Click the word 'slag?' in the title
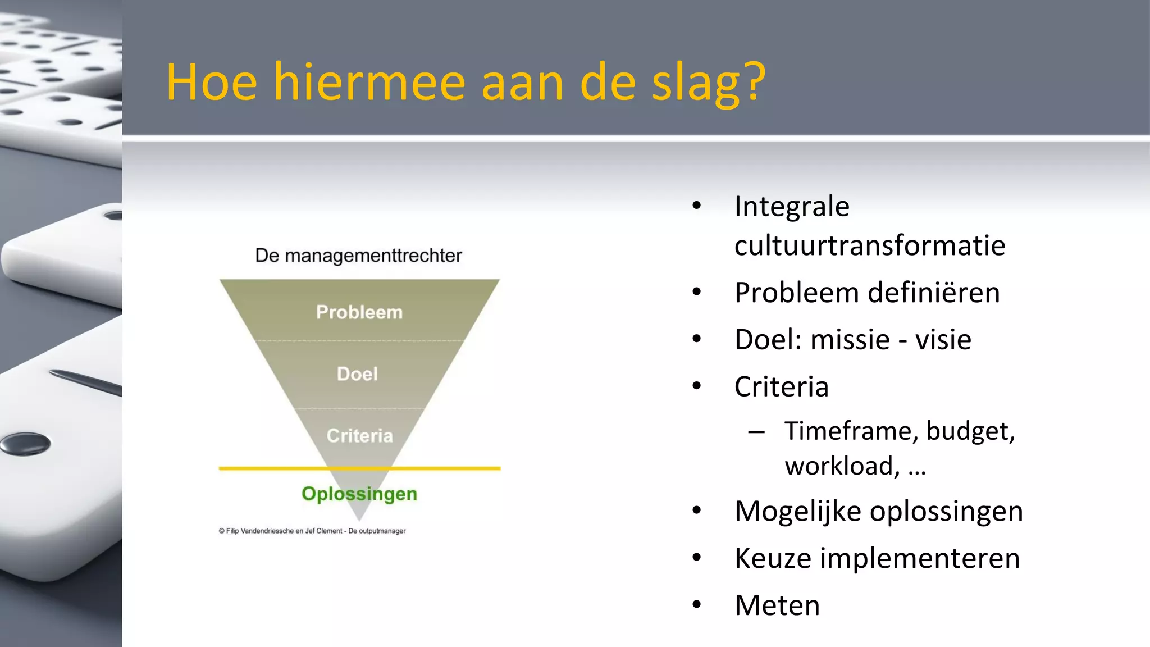pyautogui.click(x=709, y=83)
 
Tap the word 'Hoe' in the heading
pyautogui.click(x=211, y=83)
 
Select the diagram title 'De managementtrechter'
pyautogui.click(x=358, y=256)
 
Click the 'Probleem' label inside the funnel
pyautogui.click(x=359, y=312)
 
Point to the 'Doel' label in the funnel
pyautogui.click(x=357, y=374)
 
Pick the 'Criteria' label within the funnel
pyautogui.click(x=360, y=436)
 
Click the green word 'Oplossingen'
pyautogui.click(x=359, y=494)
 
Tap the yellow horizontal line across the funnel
pyautogui.click(x=270, y=468)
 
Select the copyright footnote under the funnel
pyautogui.click(x=312, y=531)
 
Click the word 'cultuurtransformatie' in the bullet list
pyautogui.click(x=869, y=245)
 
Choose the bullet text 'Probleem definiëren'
pyautogui.click(x=867, y=293)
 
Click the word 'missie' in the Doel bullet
pyautogui.click(x=850, y=340)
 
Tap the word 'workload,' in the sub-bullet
pyautogui.click(x=842, y=466)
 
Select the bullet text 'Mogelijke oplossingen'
pyautogui.click(x=878, y=511)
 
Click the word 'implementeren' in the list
pyautogui.click(x=920, y=558)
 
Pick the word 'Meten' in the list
pyautogui.click(x=777, y=605)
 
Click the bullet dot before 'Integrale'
pyautogui.click(x=697, y=206)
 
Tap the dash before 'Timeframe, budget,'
pyautogui.click(x=756, y=432)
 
